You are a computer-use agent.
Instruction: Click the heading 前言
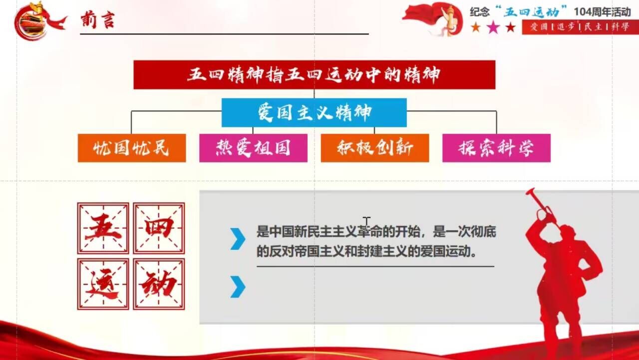(97, 20)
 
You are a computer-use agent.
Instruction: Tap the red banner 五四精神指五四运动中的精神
(315, 75)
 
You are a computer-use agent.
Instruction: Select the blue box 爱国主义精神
(314, 113)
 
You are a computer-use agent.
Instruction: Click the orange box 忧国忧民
(132, 148)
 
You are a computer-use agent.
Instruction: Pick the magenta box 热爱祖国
(253, 148)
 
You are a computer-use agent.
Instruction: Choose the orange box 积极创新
(375, 148)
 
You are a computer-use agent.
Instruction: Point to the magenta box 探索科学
(496, 148)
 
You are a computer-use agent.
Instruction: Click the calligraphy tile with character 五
(103, 228)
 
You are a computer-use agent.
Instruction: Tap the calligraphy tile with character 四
(159, 228)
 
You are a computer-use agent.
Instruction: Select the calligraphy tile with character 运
(103, 284)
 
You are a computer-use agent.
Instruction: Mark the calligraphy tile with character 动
(159, 284)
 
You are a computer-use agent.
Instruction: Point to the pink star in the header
(493, 27)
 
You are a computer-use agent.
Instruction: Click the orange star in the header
(476, 27)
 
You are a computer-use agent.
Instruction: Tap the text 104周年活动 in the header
(603, 12)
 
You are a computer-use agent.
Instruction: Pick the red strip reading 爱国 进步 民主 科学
(580, 27)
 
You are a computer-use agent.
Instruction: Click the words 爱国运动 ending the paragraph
(445, 252)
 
